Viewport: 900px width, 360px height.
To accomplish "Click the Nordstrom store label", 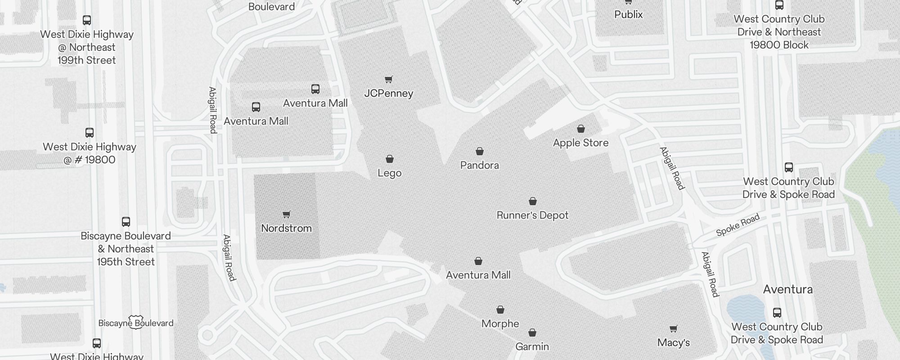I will pos(286,228).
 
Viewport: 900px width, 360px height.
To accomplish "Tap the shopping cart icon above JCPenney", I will pos(389,80).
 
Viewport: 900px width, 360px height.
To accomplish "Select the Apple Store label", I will pos(580,143).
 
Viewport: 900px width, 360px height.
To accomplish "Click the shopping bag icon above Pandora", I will pos(480,151).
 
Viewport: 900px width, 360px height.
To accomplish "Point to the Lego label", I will pos(389,173).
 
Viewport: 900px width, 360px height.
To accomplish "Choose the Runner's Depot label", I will pos(532,215).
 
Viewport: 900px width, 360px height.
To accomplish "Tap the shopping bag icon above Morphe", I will pos(500,310).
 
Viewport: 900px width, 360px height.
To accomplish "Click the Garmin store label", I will pos(532,346).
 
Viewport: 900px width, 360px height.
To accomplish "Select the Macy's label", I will pos(673,342).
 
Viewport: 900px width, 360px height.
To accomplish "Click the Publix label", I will pos(628,14).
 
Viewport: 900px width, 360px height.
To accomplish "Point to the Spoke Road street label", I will pos(738,225).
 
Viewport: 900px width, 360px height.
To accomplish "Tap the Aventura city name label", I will pos(787,289).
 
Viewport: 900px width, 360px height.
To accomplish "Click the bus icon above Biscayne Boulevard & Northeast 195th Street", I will pos(126,222).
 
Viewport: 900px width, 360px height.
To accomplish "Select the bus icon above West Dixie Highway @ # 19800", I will pos(90,133).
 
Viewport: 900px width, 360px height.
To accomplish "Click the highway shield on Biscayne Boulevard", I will pos(135,322).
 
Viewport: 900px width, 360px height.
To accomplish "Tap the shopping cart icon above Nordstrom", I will pos(287,214).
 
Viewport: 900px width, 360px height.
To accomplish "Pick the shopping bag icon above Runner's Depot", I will pos(533,201).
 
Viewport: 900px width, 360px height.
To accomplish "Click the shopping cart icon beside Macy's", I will pos(673,329).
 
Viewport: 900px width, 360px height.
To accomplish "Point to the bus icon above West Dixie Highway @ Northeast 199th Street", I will pos(87,20).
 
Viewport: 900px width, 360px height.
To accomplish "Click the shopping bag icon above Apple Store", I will pos(581,129).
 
